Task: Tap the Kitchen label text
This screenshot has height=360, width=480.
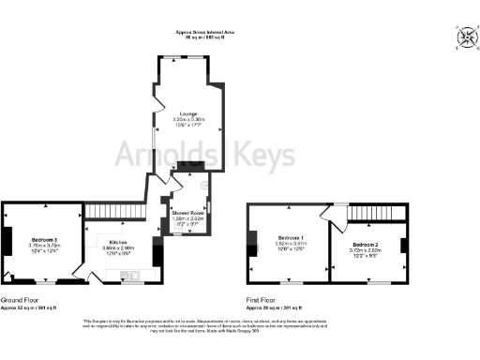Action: click(x=117, y=240)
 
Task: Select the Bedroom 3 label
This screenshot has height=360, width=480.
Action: click(x=43, y=239)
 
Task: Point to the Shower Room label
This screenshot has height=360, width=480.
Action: click(x=187, y=213)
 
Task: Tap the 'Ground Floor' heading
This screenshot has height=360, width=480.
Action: click(x=19, y=300)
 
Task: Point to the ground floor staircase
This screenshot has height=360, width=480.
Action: click(x=112, y=212)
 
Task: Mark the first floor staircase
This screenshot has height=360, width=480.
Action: click(x=368, y=215)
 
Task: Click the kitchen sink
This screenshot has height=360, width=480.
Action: click(x=132, y=276)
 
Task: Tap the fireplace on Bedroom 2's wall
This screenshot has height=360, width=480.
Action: click(x=404, y=246)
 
